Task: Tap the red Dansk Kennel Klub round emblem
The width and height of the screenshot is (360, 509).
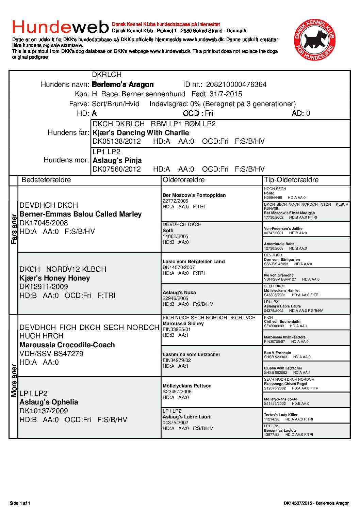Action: click(315, 40)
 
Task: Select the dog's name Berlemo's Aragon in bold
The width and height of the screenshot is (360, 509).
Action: click(123, 84)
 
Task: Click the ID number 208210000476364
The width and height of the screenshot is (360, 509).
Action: click(236, 84)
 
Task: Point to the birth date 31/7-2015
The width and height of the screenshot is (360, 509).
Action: click(226, 94)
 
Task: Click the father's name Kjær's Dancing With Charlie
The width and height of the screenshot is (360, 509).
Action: click(141, 133)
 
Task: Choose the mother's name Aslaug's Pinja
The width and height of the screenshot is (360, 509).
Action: click(117, 160)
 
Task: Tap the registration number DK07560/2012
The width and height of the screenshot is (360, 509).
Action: click(117, 169)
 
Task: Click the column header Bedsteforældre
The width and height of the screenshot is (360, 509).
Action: click(46, 180)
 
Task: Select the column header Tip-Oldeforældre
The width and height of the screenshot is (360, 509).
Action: click(291, 180)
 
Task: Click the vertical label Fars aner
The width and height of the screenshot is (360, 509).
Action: click(14, 229)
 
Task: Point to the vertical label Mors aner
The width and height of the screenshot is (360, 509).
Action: click(14, 380)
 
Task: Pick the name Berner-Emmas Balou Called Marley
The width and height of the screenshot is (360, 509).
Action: click(81, 214)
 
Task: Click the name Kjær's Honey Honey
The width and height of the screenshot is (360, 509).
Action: click(55, 278)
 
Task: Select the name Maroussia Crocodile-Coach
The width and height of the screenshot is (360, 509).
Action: click(67, 345)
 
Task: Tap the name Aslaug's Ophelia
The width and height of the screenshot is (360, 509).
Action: click(49, 402)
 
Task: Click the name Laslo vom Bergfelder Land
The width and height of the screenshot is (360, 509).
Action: click(194, 261)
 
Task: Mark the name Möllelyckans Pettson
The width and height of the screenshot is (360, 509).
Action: click(187, 386)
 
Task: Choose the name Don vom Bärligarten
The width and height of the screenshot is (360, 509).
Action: click(282, 259)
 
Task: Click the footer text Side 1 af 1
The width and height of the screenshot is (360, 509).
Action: click(20, 503)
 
